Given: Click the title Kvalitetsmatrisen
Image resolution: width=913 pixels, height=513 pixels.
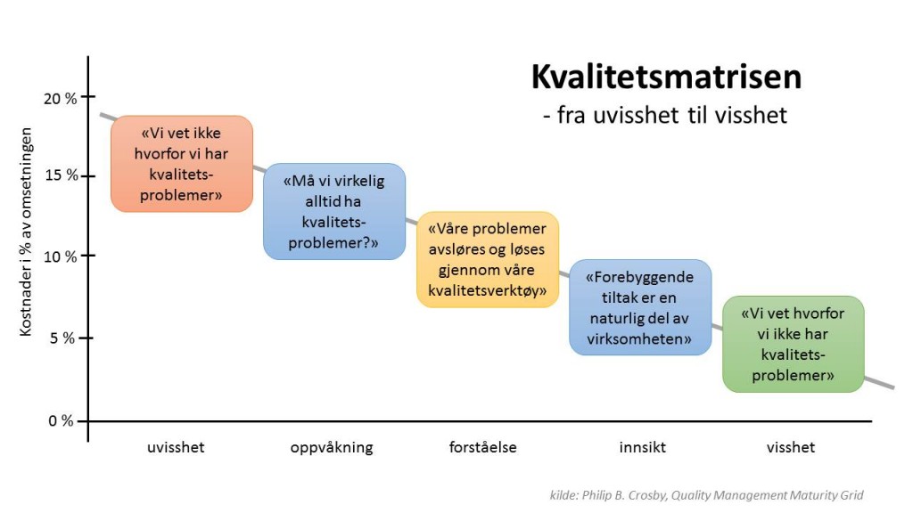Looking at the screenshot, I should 666,77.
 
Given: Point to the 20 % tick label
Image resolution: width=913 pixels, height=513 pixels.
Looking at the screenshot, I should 60,97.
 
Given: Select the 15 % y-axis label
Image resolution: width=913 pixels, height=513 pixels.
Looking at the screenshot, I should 60,175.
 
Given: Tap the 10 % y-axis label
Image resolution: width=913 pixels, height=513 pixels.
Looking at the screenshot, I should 60,256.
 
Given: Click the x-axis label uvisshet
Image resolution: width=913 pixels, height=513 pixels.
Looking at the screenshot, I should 176,447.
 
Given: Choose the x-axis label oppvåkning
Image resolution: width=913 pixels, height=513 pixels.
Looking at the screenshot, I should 332,447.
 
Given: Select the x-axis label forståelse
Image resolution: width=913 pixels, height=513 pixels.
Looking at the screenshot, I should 482,447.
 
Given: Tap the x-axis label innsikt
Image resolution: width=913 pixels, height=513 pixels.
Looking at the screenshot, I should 642,447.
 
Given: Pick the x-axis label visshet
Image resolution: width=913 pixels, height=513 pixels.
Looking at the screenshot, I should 790,447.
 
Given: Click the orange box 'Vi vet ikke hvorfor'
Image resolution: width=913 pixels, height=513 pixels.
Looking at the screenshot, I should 181,164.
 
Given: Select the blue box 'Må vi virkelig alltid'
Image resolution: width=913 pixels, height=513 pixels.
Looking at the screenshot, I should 333,211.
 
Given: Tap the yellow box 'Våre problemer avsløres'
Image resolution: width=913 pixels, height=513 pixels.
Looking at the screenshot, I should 488,259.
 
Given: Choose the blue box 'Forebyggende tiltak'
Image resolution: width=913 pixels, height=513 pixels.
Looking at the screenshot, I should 640,307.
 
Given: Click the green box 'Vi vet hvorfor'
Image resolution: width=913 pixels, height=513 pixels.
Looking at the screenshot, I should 793,344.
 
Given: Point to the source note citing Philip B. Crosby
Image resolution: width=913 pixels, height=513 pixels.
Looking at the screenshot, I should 706,495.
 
